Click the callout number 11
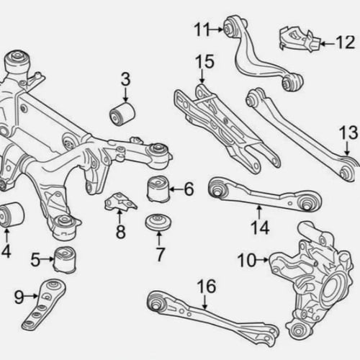point(202,30)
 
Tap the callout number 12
point(346,42)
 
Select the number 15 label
point(204,62)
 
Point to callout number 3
point(125,79)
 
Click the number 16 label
point(207,287)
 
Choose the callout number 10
point(247,260)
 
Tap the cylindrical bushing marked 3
point(122,114)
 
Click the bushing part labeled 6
point(158,189)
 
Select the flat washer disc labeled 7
point(158,222)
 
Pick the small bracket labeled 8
point(120,202)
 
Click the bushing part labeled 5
point(64,260)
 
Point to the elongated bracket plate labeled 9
point(44,305)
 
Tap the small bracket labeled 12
point(300,40)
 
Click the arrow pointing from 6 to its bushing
point(176,189)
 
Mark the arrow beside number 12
point(328,44)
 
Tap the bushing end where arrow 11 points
point(228,28)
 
